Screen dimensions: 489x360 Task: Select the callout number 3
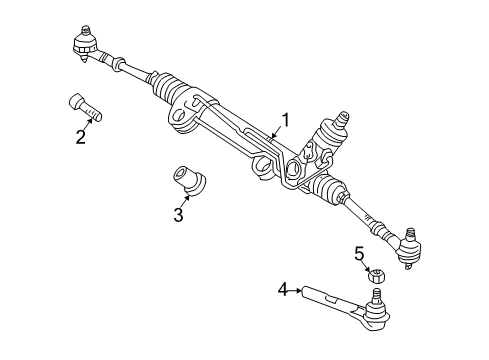[179, 213]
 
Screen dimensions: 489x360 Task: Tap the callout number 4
[283, 289]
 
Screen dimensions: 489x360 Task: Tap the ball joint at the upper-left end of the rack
[83, 44]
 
